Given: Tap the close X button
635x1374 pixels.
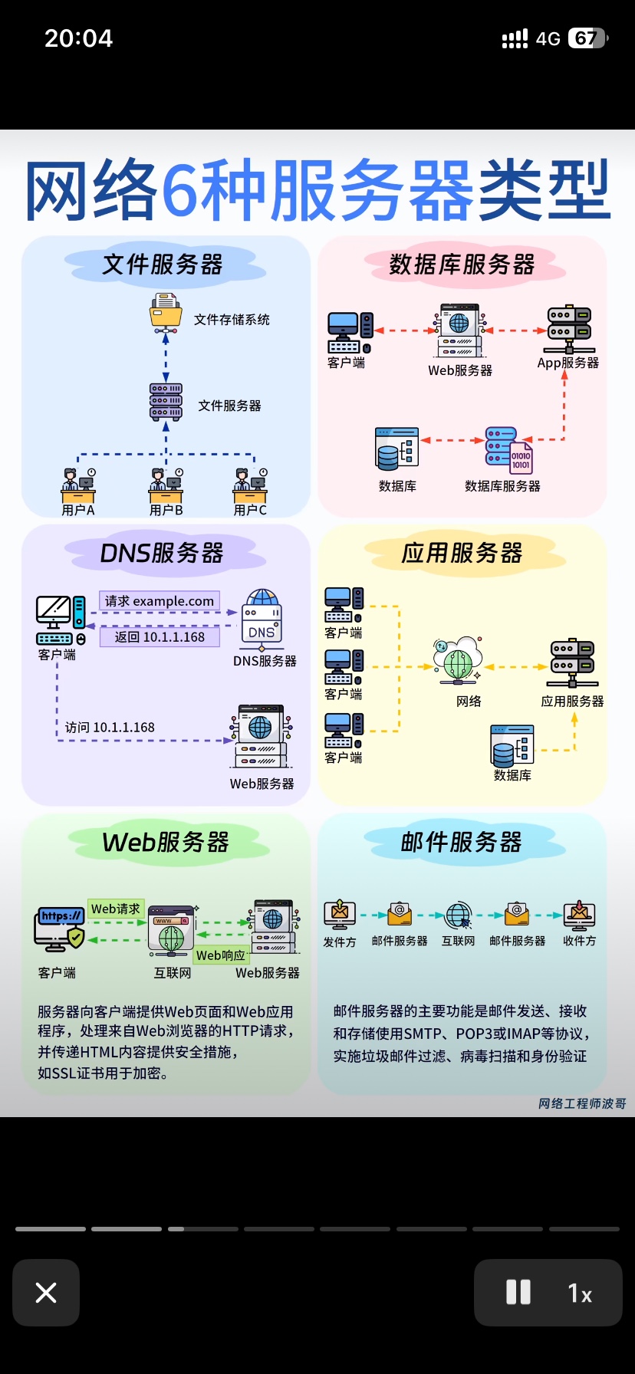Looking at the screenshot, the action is click(x=46, y=1293).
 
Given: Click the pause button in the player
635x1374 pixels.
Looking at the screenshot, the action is click(x=518, y=1293).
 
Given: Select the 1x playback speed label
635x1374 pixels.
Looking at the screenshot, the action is click(x=580, y=1293).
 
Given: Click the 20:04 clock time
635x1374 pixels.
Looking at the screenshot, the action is click(x=78, y=38).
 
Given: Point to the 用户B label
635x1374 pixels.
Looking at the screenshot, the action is click(x=166, y=510).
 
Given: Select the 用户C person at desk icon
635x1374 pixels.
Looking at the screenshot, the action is click(x=251, y=485).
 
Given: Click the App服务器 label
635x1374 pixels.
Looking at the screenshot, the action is click(x=568, y=363).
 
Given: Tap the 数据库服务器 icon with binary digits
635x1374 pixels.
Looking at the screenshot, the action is click(x=509, y=450).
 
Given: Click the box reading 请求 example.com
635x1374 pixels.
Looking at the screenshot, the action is click(x=160, y=601).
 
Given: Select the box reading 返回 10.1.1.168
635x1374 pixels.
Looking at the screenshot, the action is click(x=160, y=637).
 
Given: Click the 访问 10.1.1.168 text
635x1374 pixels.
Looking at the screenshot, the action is click(x=110, y=728).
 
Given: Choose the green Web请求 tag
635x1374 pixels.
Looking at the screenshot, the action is click(x=116, y=909).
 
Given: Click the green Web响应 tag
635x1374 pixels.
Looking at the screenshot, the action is click(x=221, y=955).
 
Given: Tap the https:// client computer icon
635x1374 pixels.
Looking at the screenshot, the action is click(x=60, y=929).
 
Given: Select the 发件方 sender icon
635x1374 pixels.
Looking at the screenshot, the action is click(x=340, y=915).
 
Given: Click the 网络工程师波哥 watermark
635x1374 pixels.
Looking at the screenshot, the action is click(x=582, y=1103).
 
